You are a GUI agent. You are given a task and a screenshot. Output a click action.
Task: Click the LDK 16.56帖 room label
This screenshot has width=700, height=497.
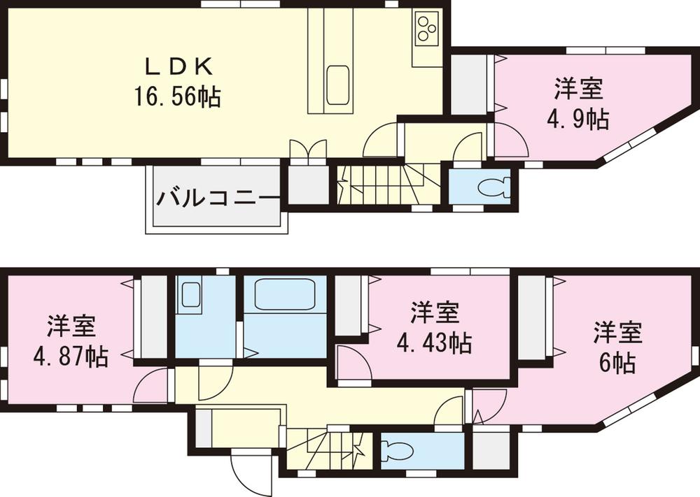(178, 82)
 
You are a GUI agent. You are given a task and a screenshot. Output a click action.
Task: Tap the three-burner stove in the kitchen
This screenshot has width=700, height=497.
(425, 29)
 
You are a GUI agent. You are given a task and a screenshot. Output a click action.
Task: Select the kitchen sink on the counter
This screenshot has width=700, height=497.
(337, 85)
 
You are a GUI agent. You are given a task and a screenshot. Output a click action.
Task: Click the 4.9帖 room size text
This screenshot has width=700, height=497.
(577, 120)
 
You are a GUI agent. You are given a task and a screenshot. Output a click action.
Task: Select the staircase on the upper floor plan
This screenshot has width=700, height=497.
(381, 185)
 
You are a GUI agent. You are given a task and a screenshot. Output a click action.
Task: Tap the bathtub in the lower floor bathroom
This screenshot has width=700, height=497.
(284, 295)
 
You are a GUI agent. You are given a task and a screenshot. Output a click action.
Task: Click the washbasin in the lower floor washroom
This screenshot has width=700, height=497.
(190, 294)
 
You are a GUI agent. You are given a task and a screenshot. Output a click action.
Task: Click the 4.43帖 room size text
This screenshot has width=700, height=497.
(434, 343)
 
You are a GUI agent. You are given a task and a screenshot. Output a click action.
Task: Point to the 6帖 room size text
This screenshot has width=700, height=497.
(617, 363)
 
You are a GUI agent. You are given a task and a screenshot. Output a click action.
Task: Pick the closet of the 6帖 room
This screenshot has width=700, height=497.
(534, 319)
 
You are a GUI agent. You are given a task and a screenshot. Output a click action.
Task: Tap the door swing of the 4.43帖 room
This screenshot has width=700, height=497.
(351, 364)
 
